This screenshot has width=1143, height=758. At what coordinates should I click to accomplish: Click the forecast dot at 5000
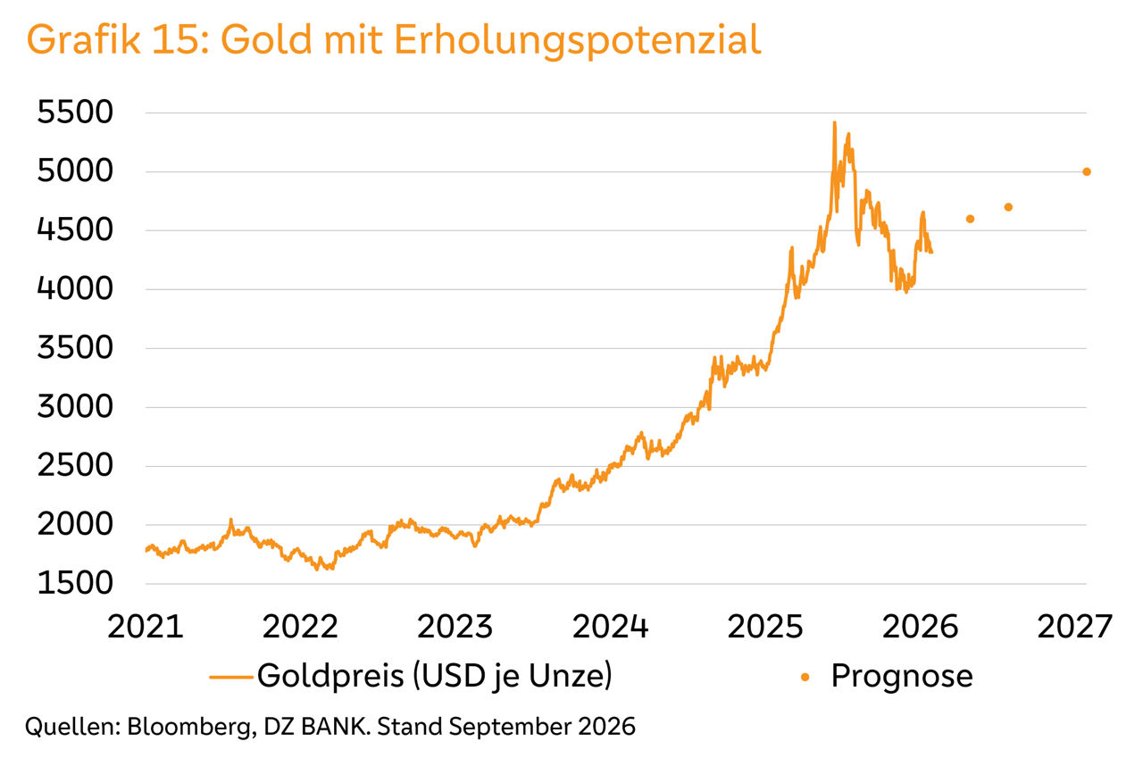pos(1087,172)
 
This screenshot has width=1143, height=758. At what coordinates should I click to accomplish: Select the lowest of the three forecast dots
pos(970,219)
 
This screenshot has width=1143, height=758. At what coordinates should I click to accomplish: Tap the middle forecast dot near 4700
pos(1008,207)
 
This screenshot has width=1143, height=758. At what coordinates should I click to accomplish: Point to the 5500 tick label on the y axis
pos(75,112)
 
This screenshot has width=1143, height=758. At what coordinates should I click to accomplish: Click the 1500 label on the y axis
pos(75,583)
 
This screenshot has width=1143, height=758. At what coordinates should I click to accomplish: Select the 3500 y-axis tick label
pos(75,348)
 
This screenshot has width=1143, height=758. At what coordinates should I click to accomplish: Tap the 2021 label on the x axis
pos(146,627)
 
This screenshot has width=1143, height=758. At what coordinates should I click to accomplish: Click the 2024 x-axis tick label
pos(610,627)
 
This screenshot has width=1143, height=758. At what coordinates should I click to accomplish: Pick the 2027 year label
pos(1074,627)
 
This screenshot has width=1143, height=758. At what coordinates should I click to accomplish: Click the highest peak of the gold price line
pos(834,123)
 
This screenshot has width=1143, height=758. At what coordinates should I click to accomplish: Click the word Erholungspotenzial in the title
pos(578,40)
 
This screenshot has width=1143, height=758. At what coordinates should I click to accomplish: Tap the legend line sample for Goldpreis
pos(231,677)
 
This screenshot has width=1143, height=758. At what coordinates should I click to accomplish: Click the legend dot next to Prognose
pos(805,677)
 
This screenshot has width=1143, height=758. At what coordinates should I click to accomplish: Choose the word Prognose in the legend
pos(902,677)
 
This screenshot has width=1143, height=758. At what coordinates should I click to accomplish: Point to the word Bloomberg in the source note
pos(191,728)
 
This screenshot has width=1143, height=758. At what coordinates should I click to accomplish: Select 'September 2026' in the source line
pos(542,728)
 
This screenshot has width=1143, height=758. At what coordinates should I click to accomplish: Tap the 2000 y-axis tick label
pos(75,524)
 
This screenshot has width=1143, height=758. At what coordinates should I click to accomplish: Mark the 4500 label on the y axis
pos(75,230)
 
